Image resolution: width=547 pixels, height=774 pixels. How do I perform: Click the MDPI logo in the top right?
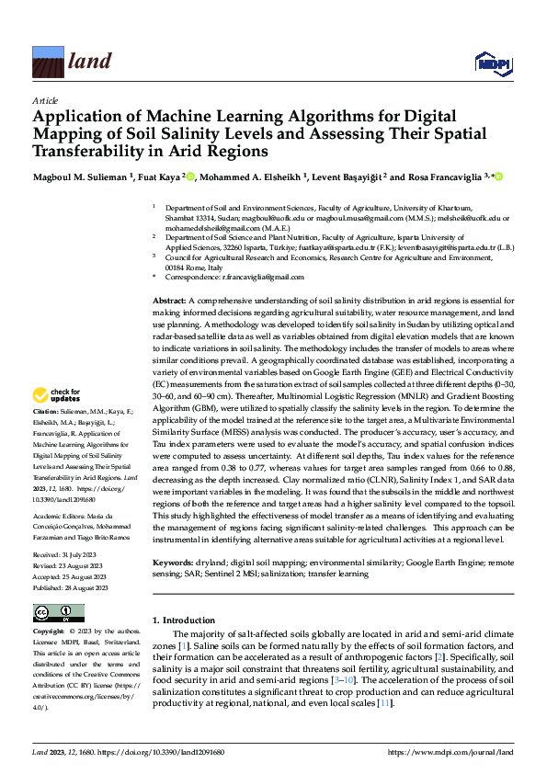(x=491, y=62)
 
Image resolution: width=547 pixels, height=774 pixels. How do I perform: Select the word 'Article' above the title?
(x=45, y=101)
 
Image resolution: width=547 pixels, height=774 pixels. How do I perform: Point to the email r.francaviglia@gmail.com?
(x=260, y=277)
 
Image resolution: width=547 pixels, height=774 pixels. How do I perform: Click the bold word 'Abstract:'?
(x=169, y=301)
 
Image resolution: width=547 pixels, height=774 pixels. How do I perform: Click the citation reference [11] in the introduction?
(x=385, y=703)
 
